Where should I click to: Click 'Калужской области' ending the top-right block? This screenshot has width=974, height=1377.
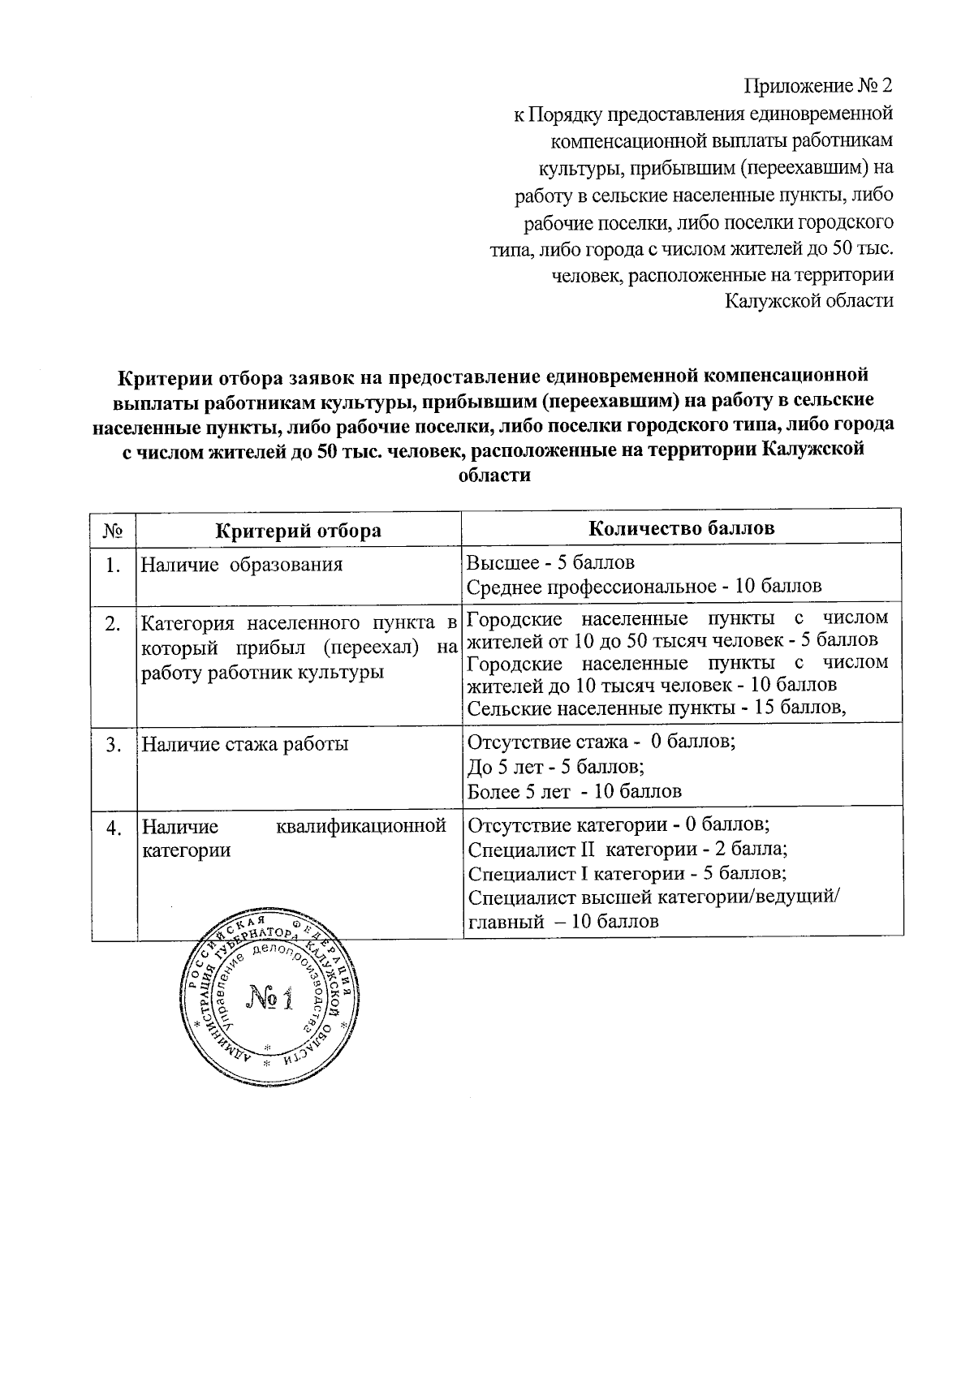coord(808,301)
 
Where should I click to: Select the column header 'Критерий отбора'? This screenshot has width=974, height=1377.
coord(298,531)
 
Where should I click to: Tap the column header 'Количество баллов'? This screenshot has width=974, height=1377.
coord(681,528)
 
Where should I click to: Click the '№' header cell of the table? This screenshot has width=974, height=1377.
coord(113,531)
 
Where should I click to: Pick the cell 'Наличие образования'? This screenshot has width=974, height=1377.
coord(241,565)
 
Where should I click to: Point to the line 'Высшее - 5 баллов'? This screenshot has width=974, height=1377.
coord(551,562)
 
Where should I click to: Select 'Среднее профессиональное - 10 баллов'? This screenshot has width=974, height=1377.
coord(644,586)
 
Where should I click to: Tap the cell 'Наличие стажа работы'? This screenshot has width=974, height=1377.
coord(245,743)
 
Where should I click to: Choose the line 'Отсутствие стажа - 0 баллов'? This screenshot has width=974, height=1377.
coord(601,742)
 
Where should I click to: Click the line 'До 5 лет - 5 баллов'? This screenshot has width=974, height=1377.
coord(556,767)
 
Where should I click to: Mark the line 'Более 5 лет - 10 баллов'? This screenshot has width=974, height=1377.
coord(575,791)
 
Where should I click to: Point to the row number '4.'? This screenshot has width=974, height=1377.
coord(114,828)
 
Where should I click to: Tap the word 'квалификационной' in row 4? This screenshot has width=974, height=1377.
coord(360,827)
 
